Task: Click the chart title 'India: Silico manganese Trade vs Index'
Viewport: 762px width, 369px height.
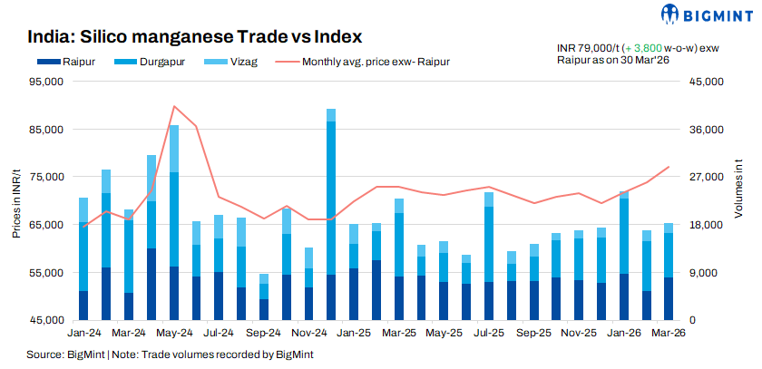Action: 195,37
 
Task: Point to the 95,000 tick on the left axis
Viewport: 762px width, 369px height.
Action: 45,82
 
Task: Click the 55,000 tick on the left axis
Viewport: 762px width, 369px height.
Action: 45,273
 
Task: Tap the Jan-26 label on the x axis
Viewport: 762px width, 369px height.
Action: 621,333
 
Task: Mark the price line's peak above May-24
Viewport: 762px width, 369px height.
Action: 173,106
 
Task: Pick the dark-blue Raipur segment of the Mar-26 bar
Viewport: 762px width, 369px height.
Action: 669,298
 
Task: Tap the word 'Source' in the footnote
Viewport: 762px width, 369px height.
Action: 44,354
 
